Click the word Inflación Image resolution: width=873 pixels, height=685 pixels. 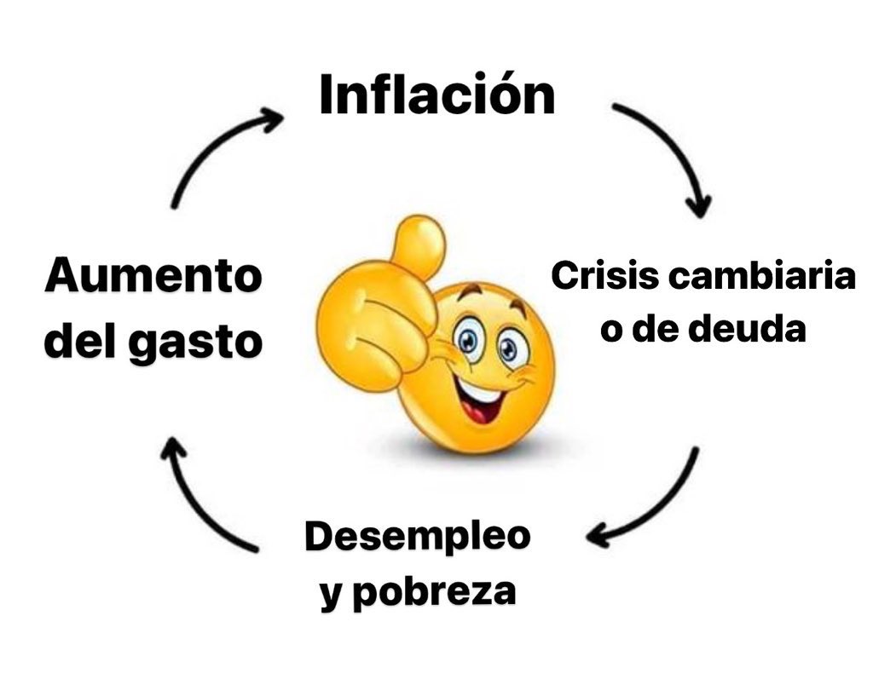[436, 95]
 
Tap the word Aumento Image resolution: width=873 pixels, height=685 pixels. [153, 278]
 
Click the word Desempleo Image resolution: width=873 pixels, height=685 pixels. [418, 538]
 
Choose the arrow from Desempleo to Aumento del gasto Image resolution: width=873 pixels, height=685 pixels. [200, 494]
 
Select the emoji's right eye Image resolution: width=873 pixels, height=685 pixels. [509, 348]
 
